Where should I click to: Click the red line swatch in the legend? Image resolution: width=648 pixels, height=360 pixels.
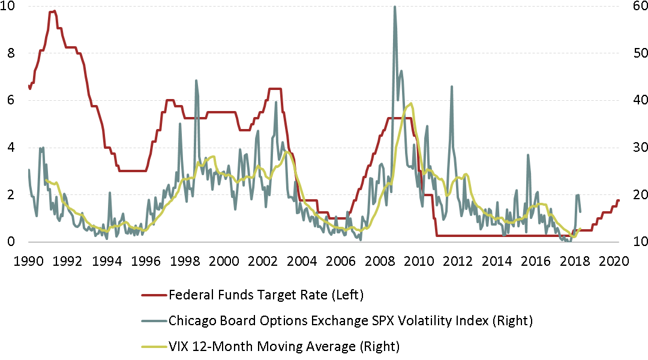point(154,295)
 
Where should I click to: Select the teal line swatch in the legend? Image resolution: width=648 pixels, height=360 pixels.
point(154,321)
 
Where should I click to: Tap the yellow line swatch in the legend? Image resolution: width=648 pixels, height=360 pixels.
point(154,347)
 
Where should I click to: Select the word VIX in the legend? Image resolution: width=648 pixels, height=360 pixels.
point(179,347)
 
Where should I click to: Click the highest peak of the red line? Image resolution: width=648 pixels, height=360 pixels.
point(54,11)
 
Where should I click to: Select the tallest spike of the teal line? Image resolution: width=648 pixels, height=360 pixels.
point(394,7)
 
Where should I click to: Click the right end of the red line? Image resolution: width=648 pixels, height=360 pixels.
point(618,200)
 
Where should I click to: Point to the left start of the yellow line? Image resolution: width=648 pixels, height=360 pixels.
point(46,180)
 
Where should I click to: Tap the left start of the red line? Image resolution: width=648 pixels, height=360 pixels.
point(29,88)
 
